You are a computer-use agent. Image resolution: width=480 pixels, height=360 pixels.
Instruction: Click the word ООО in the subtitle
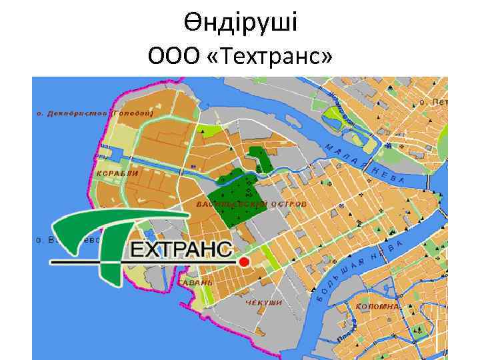click(175, 57)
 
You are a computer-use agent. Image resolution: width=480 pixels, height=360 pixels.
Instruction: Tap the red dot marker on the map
click(244, 262)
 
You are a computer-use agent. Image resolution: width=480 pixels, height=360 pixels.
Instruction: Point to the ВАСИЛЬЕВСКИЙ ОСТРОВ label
click(252, 203)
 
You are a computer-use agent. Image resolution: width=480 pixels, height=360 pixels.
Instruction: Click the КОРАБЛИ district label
click(117, 173)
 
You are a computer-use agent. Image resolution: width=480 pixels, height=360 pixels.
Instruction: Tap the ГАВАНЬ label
click(195, 283)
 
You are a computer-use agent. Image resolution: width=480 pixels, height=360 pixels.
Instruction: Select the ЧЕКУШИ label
click(263, 303)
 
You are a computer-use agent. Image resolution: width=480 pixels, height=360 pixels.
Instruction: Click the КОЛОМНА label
click(377, 307)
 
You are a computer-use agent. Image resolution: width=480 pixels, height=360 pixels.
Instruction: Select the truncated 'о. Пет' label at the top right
click(433, 103)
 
